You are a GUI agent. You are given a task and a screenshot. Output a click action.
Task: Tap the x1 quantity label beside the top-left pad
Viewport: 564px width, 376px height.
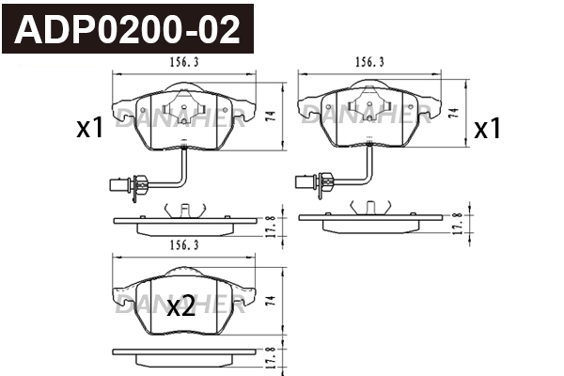click(89, 129)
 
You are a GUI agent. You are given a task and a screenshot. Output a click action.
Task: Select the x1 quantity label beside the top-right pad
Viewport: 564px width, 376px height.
click(487, 129)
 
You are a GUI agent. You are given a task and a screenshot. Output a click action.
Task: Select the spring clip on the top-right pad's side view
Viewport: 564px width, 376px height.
click(368, 210)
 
